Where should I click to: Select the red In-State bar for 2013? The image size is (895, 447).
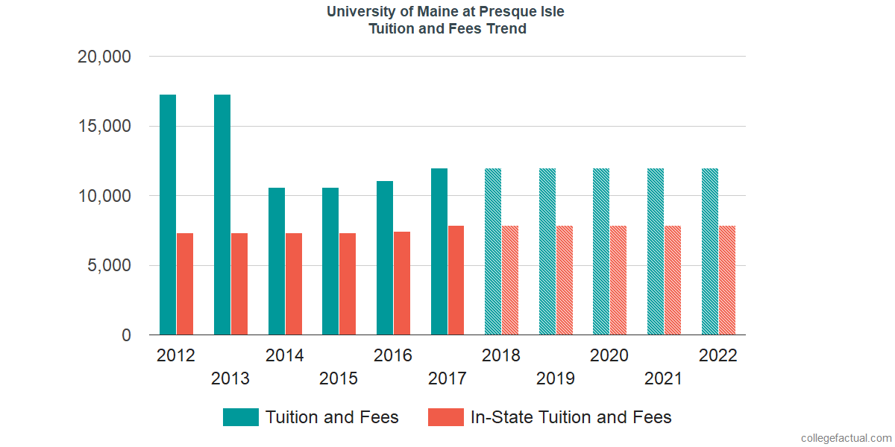click(239, 284)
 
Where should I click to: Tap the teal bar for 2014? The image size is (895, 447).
click(277, 261)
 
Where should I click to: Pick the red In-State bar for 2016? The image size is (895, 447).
click(402, 283)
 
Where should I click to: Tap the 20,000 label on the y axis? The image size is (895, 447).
click(104, 57)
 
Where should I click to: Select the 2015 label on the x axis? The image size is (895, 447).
click(339, 378)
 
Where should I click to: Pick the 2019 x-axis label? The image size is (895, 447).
click(556, 378)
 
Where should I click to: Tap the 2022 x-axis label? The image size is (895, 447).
click(717, 355)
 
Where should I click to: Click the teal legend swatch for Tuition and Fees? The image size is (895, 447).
click(241, 417)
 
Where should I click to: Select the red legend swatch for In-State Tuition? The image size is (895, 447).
click(446, 417)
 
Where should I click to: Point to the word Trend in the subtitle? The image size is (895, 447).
click(507, 29)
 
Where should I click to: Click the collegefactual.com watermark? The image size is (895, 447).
click(846, 438)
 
